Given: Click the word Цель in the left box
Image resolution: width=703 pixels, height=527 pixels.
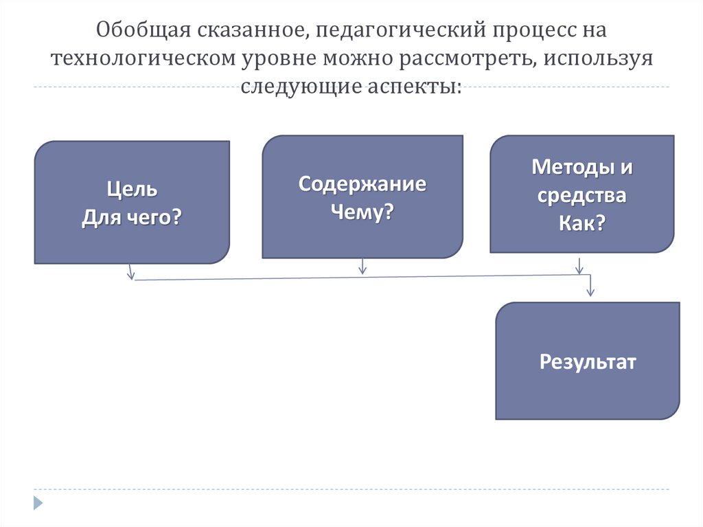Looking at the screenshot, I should (x=132, y=189).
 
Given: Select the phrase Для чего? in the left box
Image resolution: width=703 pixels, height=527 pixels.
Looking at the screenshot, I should (x=132, y=218).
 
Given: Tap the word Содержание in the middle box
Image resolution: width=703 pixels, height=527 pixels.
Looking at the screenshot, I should (x=362, y=184).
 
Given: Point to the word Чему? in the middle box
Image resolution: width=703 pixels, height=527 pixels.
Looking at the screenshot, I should (x=362, y=212).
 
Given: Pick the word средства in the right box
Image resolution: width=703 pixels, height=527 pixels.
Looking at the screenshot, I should (x=581, y=196).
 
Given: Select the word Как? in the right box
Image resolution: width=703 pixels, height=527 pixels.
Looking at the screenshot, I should (x=581, y=224).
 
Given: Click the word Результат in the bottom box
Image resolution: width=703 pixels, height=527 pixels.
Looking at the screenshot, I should (x=588, y=361).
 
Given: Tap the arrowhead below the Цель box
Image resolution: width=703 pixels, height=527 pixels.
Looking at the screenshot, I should (x=130, y=275).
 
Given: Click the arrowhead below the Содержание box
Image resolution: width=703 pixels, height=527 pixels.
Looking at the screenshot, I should (x=362, y=270).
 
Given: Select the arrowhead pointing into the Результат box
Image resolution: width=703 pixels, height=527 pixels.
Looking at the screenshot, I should (x=590, y=293).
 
